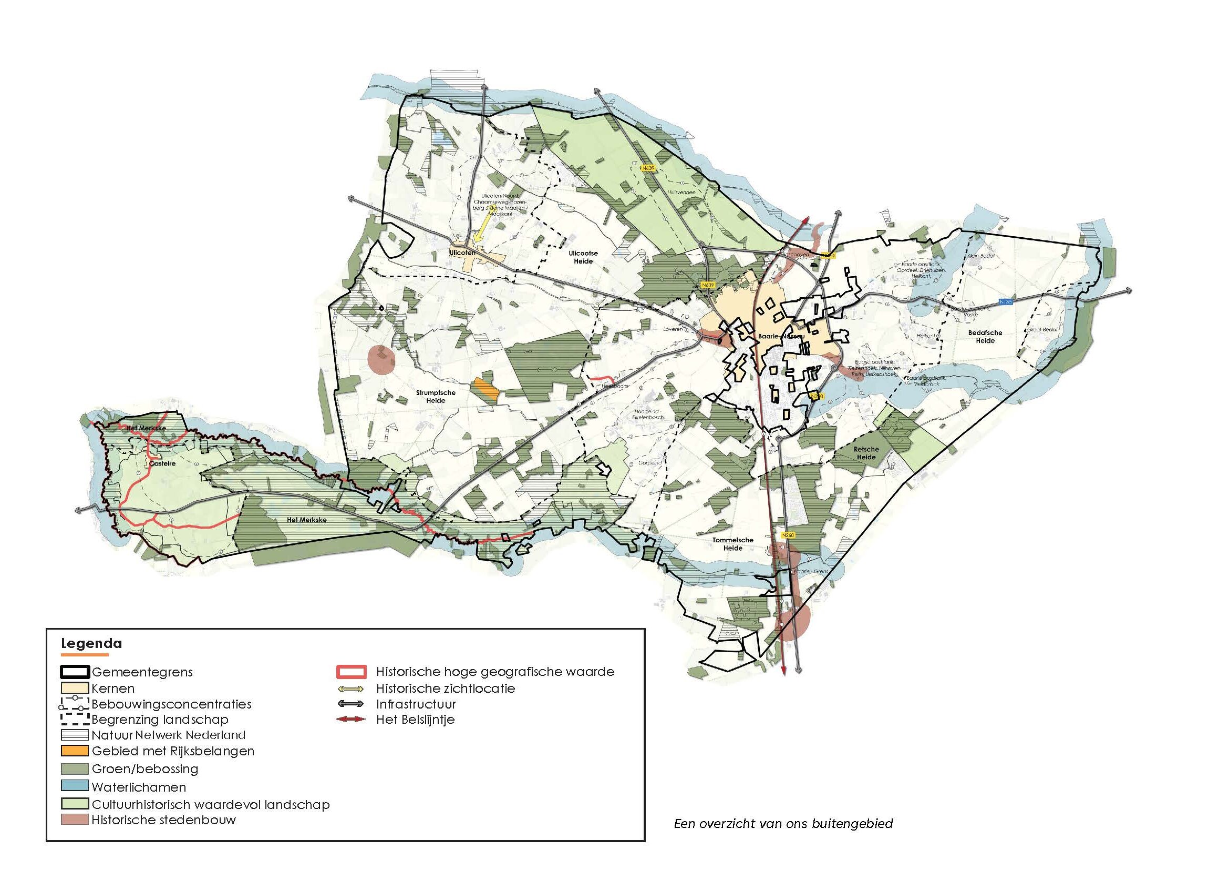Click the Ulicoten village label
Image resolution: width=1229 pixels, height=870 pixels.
click(462, 252)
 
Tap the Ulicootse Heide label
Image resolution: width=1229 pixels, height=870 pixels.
click(583, 257)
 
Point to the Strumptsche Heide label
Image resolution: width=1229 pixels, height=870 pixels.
click(436, 397)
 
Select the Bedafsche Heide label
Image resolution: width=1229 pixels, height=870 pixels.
click(985, 337)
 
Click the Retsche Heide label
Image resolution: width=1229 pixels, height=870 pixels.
click(866, 453)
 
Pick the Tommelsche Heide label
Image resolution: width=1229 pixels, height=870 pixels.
click(733, 544)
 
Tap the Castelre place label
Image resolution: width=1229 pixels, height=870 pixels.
click(162, 463)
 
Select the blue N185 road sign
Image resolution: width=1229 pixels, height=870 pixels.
click(1006, 302)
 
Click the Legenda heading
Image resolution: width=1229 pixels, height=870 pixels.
click(91, 643)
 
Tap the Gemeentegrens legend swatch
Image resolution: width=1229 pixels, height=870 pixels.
click(75, 672)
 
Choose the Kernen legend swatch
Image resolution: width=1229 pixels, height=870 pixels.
click(75, 688)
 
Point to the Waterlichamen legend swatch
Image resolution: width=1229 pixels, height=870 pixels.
click(75, 787)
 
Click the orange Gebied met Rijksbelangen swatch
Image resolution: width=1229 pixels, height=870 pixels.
click(75, 751)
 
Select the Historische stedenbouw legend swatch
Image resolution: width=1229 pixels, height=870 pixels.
click(75, 820)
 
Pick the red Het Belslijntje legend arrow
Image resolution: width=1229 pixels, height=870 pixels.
click(350, 720)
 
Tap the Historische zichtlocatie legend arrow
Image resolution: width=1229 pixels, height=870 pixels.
click(350, 689)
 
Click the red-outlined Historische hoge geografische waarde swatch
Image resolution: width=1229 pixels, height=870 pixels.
click(351, 672)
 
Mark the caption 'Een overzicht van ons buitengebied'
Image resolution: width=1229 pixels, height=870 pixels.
click(783, 823)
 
